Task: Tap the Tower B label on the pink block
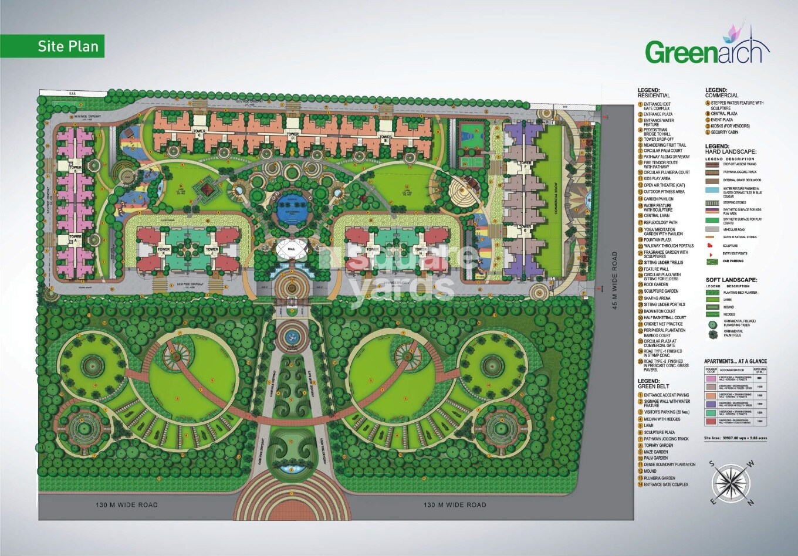coord(75,168)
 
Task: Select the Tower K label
coord(164,249)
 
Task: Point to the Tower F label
coord(526,163)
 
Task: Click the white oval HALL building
coord(292,249)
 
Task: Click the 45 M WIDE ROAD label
coord(614,280)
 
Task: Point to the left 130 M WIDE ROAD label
coord(127,504)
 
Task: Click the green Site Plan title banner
coord(52,46)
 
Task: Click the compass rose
coord(732,483)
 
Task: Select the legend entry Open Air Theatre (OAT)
coord(664,185)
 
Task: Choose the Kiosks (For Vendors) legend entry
coord(730,126)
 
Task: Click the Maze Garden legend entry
coord(655,452)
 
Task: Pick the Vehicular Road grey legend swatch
coord(712,229)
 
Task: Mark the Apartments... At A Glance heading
coord(735,361)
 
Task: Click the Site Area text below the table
coord(735,438)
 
